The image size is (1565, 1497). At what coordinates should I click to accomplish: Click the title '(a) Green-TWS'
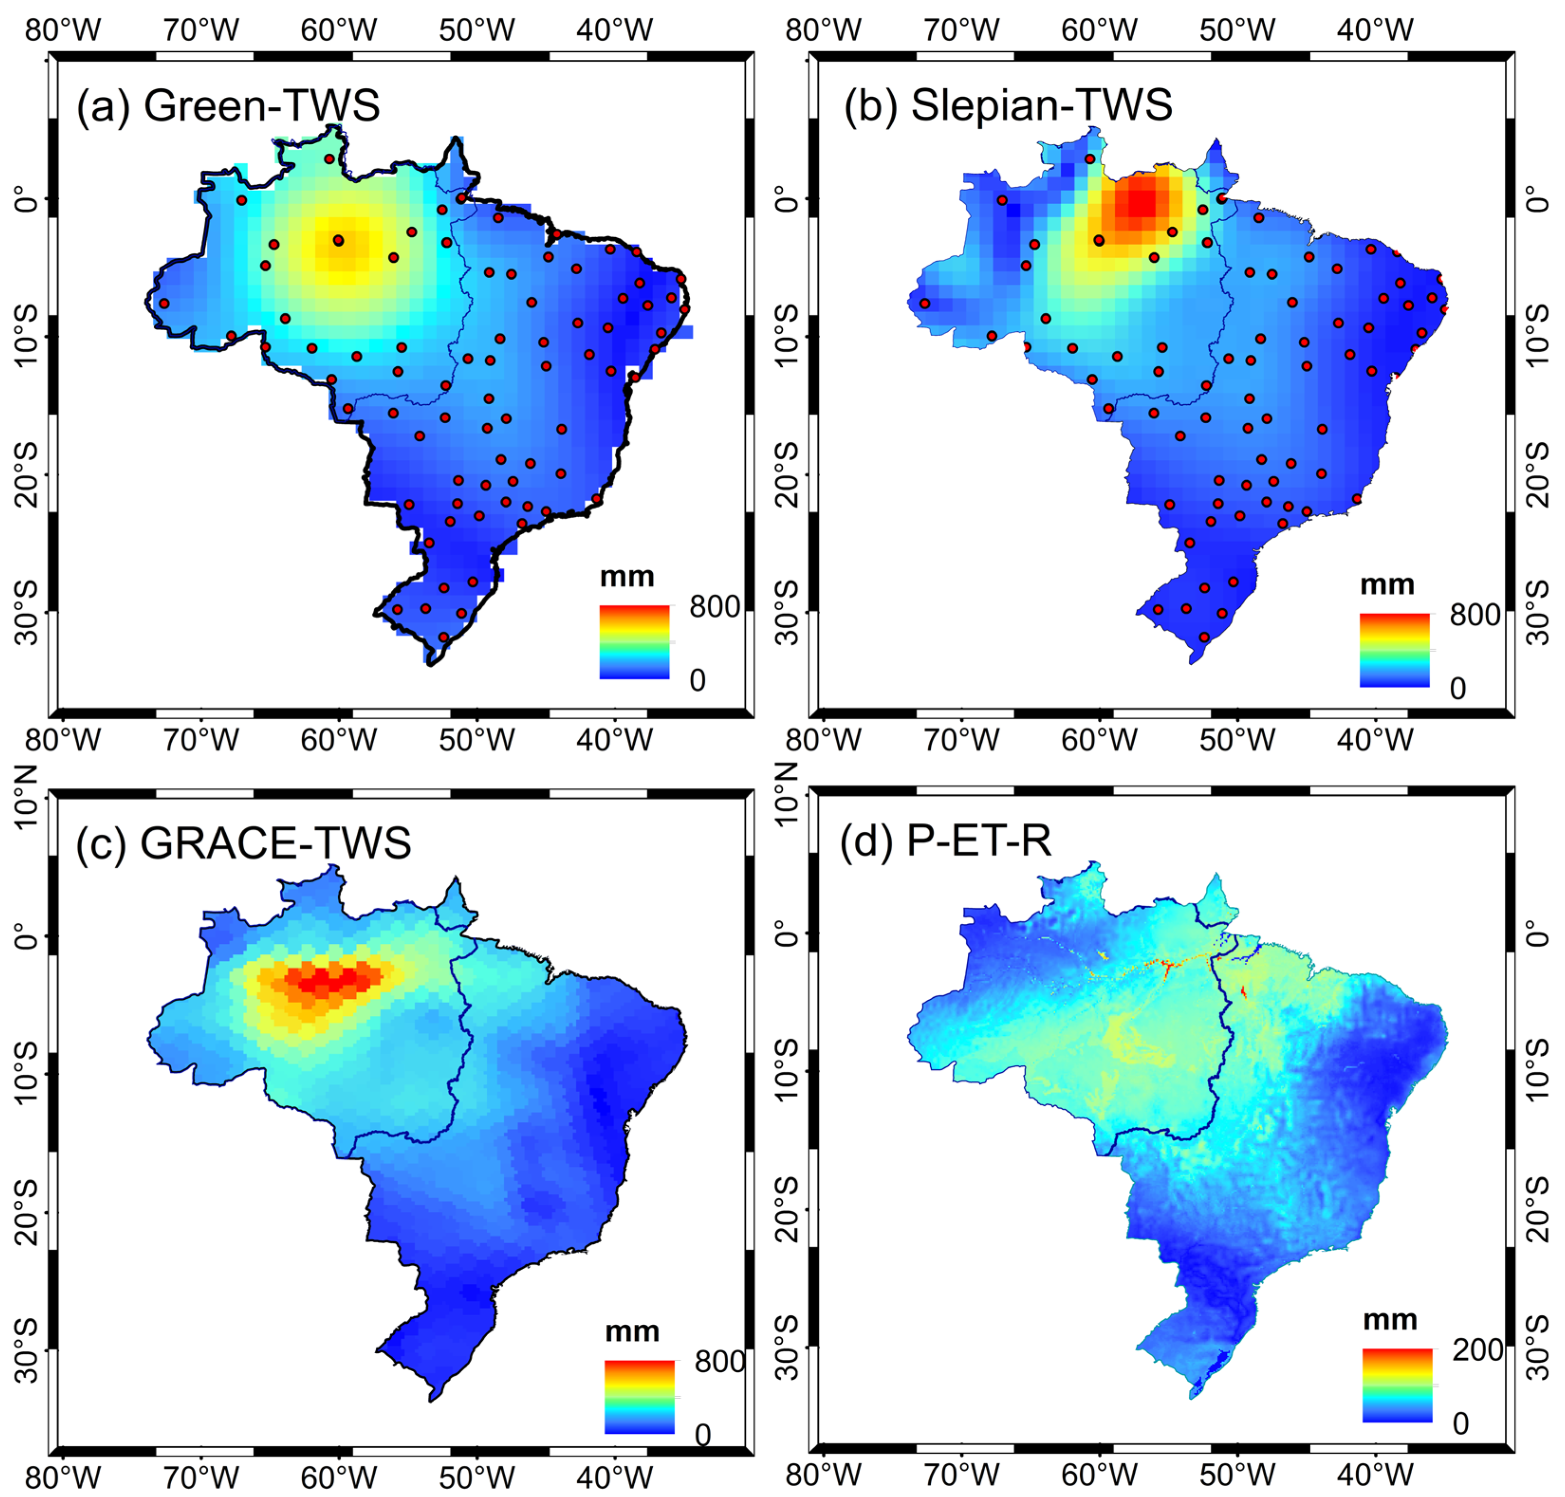tap(227, 105)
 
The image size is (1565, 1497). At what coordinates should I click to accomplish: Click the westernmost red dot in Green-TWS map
tap(164, 303)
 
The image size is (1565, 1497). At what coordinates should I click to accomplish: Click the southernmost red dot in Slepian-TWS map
tap(1204, 637)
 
